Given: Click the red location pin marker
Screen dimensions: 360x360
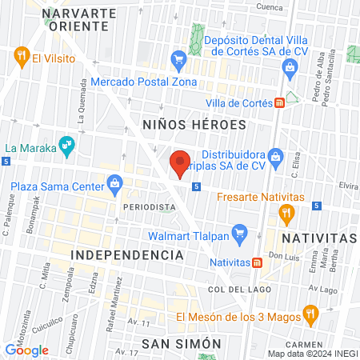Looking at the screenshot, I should [180, 162].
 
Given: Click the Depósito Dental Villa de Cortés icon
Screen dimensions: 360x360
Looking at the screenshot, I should [290, 71].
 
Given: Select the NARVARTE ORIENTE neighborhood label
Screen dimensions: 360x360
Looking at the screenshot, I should [74, 20].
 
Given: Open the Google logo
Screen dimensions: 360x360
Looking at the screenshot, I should [27, 350].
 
